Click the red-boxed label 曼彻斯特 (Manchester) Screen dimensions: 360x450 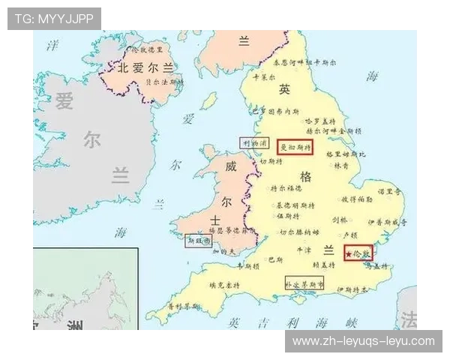(x=295, y=148)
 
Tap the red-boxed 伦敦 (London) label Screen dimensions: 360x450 (x=358, y=253)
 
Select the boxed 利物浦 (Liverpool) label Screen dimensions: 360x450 (x=254, y=142)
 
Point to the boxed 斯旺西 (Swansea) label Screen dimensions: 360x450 (x=199, y=241)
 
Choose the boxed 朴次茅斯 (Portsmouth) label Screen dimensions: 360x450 (x=304, y=285)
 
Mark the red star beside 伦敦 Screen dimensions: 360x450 (x=349, y=254)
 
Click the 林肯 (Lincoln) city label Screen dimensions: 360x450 (x=341, y=165)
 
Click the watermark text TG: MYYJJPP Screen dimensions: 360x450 (x=55, y=19)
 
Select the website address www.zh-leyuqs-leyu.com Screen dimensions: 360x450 (x=363, y=341)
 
